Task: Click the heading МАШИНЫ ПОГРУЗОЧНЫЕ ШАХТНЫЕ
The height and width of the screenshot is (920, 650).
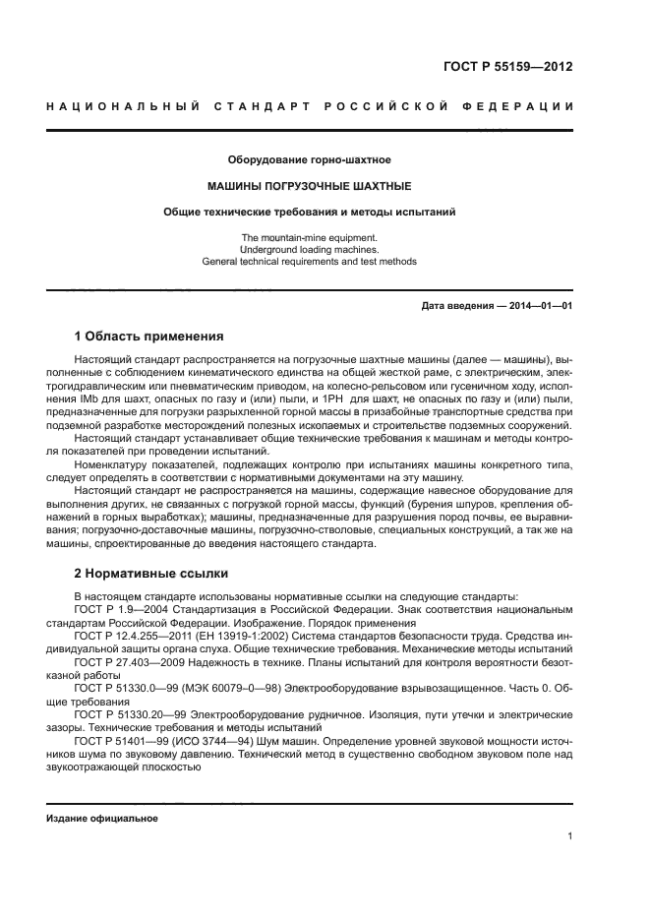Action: point(309,185)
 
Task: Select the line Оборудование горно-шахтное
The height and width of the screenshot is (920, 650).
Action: point(309,159)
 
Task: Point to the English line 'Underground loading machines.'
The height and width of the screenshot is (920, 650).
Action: point(309,250)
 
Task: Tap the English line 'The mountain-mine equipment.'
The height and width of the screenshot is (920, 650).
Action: point(309,237)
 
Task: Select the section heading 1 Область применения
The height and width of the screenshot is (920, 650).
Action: point(148,336)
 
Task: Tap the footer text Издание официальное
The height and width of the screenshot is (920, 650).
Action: point(101,819)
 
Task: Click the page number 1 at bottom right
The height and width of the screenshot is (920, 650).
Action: point(569,837)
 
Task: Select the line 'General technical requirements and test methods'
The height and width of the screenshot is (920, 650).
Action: point(309,262)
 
